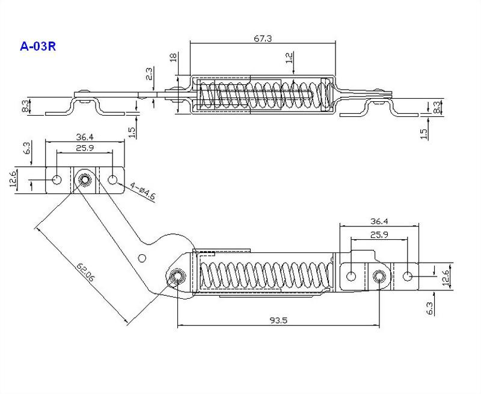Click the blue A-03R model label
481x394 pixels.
click(38, 46)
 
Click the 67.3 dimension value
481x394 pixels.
click(263, 39)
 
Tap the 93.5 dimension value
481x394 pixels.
click(278, 321)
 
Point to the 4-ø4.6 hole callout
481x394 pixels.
click(142, 192)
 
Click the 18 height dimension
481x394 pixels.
click(173, 57)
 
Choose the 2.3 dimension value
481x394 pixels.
click(149, 73)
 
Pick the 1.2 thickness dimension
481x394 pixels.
click(289, 58)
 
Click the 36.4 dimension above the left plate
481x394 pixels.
click(85, 137)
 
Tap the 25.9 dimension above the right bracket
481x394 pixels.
click(379, 235)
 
